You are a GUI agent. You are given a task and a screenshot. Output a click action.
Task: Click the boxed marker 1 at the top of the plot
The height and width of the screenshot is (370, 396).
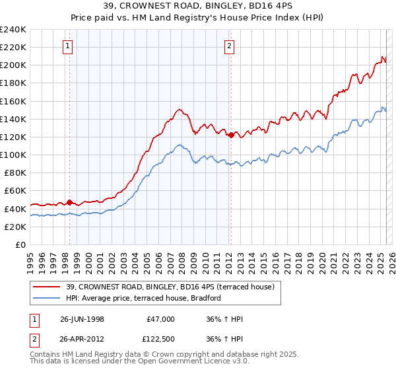69,46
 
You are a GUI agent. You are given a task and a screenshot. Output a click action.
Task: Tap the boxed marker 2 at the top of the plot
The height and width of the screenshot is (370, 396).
229,46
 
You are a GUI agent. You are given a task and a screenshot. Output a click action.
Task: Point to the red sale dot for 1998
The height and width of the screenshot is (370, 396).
69,202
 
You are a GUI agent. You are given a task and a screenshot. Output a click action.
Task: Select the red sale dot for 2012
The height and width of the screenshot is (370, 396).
231,135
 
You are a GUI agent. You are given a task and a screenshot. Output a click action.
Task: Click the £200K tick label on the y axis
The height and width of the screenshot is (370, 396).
13,65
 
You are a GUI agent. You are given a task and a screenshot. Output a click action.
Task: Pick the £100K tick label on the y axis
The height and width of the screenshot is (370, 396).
13,155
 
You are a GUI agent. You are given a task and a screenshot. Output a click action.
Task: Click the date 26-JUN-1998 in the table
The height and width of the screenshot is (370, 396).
82,319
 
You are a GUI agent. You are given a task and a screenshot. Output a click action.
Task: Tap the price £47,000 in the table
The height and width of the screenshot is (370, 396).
161,319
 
